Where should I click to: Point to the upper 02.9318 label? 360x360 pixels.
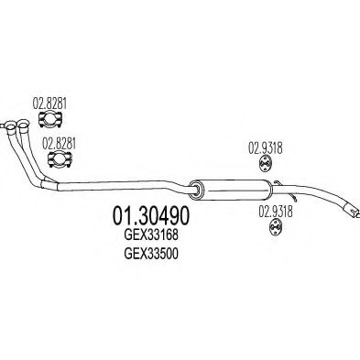tap(265, 145)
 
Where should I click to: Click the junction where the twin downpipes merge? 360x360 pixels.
tap(46, 182)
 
